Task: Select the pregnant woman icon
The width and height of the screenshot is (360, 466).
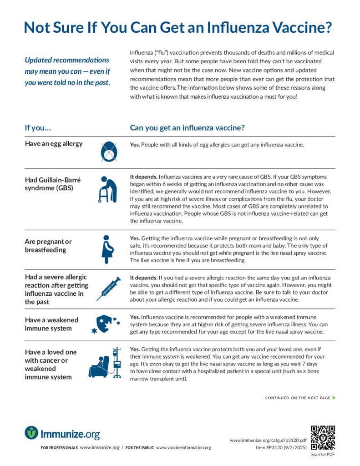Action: tap(107, 249)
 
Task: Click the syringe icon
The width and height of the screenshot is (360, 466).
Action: tap(108, 289)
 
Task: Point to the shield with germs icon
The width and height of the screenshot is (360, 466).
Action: tap(106, 324)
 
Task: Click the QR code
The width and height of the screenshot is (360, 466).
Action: tap(322, 437)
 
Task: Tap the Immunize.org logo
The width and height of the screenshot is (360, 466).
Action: tap(62, 433)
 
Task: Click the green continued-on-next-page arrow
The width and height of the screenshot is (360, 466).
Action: tap(334, 398)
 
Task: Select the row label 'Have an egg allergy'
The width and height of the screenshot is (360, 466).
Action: tap(54, 144)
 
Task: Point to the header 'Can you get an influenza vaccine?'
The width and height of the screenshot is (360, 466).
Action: tap(188, 128)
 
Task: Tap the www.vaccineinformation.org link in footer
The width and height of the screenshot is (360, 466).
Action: tap(183, 447)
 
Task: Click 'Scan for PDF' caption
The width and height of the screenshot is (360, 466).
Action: tap(322, 454)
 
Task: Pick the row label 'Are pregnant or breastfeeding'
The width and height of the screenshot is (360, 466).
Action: tap(48, 246)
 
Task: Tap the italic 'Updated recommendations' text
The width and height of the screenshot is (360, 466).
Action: tap(67, 60)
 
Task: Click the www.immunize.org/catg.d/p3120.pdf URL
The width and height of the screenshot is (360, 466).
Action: tap(268, 440)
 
